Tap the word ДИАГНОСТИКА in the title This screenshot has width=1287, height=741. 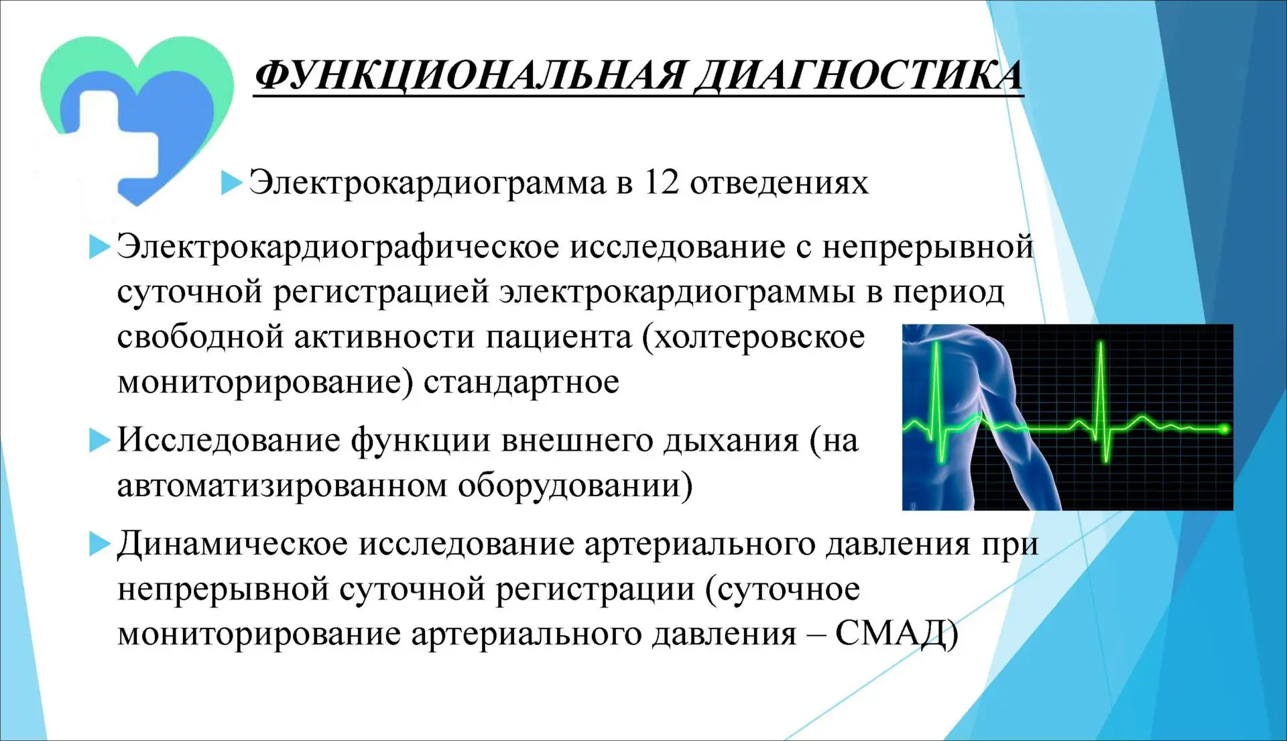point(859,75)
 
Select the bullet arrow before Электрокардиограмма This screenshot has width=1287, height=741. point(231,182)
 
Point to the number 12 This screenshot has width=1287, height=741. point(661,182)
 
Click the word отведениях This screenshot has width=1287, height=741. point(779,183)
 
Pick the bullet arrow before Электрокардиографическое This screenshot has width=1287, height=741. point(99,247)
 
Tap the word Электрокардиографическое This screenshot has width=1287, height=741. point(338,247)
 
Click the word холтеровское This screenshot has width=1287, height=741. point(753,337)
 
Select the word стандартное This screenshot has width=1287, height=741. point(522,383)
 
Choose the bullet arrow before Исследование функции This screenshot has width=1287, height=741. point(99,440)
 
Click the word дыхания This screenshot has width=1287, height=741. point(731,441)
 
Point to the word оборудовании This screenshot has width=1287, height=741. point(575,486)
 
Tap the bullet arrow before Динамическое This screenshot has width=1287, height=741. point(99,544)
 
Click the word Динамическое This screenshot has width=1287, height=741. point(233,545)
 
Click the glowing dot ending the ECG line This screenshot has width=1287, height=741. point(1224,429)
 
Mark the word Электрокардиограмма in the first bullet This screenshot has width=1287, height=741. point(427,183)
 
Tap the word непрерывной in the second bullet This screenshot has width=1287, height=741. point(928,247)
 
